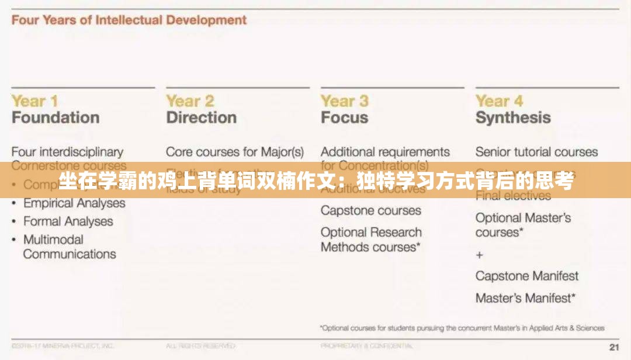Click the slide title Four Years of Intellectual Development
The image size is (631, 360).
click(129, 20)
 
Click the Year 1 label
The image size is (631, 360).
click(34, 101)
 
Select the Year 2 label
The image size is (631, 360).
click(190, 101)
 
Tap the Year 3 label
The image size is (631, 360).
click(345, 101)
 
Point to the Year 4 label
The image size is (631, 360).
click(499, 101)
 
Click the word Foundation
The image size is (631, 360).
click(56, 117)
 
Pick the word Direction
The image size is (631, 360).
click(201, 117)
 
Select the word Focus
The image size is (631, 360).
click(344, 117)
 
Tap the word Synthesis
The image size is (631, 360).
click(512, 117)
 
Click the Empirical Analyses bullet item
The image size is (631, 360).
click(74, 203)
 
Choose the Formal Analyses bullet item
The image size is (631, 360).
click(68, 221)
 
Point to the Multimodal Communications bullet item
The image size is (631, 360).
click(69, 247)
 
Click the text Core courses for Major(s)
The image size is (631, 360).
click(235, 152)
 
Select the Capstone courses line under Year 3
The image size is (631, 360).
click(370, 210)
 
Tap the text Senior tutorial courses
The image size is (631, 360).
click(536, 152)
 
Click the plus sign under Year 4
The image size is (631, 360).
click(480, 255)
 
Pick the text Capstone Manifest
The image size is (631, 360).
click(526, 276)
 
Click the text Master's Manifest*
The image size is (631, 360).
click(525, 298)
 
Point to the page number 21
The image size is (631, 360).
click(613, 347)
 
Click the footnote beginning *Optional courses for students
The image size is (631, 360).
click(462, 328)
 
